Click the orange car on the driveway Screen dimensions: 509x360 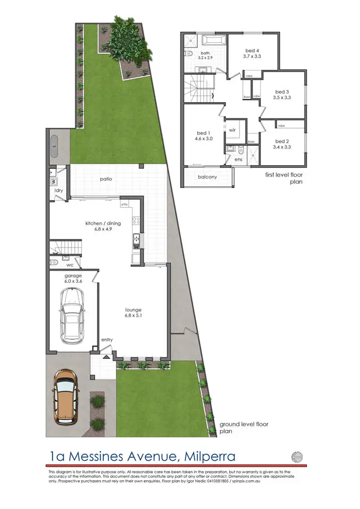point(66,395)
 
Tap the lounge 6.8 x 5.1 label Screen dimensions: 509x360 point(133,313)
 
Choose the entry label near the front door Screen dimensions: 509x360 point(107,340)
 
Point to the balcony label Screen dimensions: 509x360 point(207,177)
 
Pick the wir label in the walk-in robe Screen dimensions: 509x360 point(232,130)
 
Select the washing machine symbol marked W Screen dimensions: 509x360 point(53,182)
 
